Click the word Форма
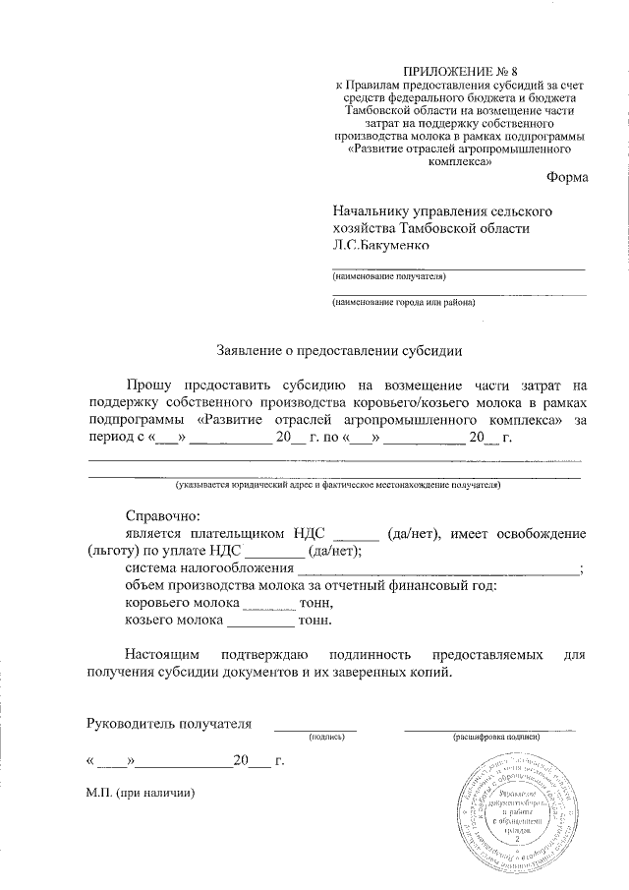tap(567, 177)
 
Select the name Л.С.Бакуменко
tap(381, 246)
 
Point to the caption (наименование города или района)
tap(404, 303)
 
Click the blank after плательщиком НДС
tap(357, 533)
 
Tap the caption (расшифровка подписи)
tap(496, 737)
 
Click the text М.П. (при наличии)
tap(141, 793)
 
